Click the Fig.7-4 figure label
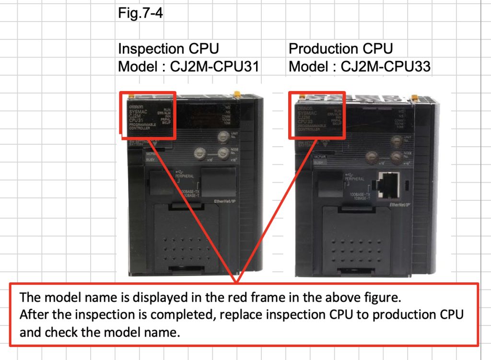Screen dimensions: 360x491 140,12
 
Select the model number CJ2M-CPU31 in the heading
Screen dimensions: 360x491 214,67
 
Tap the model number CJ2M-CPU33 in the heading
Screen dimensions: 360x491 385,67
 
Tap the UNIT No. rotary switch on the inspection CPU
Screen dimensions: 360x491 222,137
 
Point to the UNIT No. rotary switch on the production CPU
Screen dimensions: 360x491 396,141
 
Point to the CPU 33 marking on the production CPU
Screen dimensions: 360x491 306,121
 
